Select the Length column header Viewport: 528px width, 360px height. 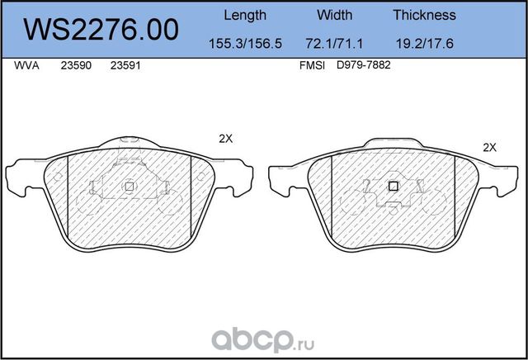point(245,15)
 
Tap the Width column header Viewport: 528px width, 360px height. point(334,15)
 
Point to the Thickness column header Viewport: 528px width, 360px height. point(424,15)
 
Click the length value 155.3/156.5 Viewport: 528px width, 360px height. point(245,42)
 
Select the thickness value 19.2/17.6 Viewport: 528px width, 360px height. point(424,42)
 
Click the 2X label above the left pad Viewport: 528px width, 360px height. point(225,140)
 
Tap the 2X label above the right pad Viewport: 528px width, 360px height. point(488,147)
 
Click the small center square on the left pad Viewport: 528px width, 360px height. point(129,186)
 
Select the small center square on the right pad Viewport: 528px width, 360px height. point(393,186)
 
